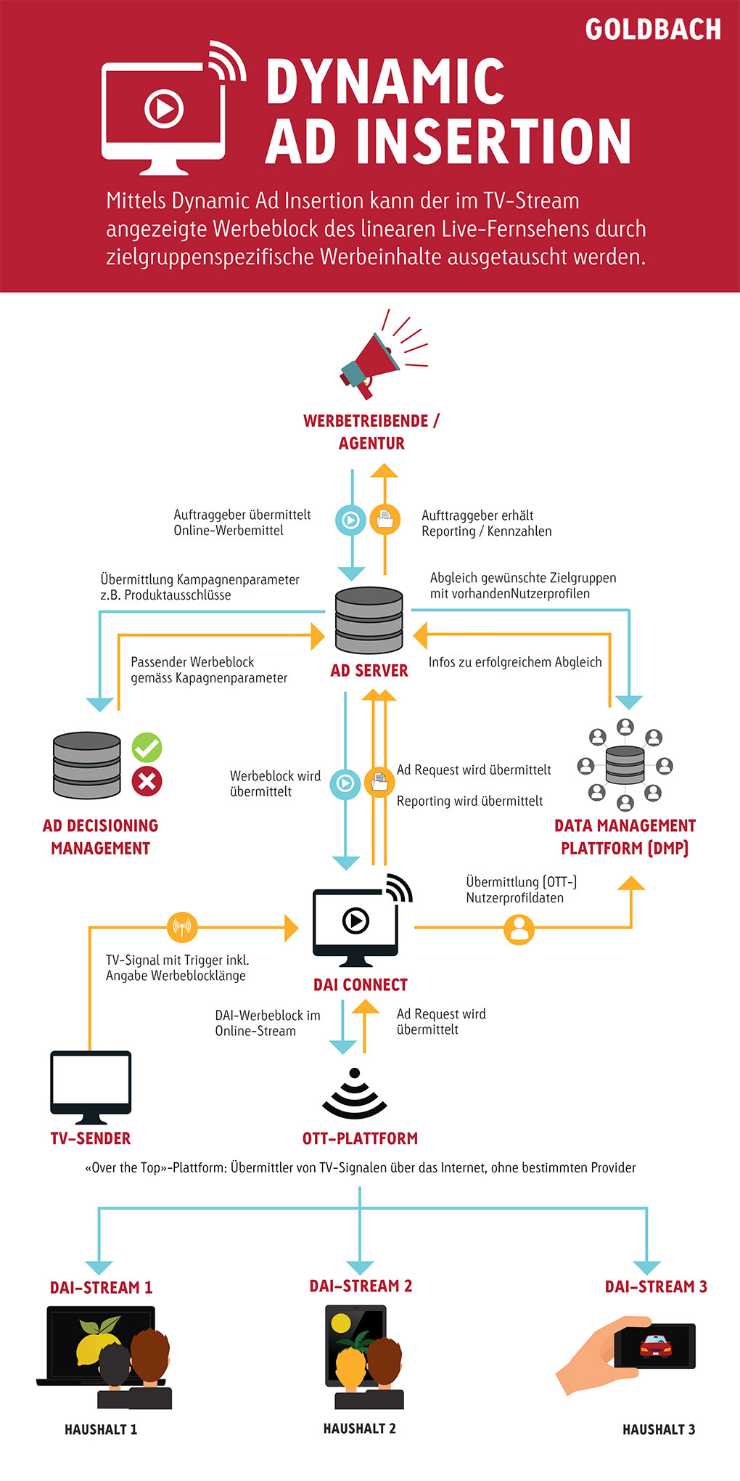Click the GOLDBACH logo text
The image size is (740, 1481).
[653, 30]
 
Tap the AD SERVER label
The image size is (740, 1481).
[369, 671]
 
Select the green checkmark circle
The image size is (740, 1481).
[147, 747]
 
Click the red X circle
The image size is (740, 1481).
[147, 781]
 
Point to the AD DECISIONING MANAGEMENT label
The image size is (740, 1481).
[100, 837]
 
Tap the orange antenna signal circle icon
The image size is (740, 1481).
[182, 927]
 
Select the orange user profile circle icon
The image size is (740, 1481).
[519, 929]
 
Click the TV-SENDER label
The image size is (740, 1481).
[91, 1138]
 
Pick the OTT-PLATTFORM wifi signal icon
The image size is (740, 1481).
[355, 1093]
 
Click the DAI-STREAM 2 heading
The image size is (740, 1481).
[361, 1286]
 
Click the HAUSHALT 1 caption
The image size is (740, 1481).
[101, 1429]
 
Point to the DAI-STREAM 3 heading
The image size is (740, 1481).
[656, 1286]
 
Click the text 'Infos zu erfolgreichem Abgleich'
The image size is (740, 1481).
[515, 662]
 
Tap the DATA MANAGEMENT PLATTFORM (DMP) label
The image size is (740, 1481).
[625, 837]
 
